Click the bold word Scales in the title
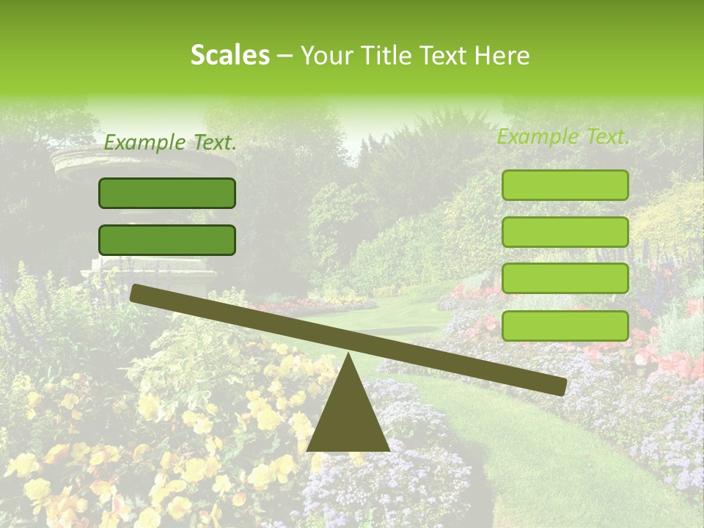(230, 55)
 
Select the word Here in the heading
(502, 55)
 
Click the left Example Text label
(170, 143)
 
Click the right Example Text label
(563, 136)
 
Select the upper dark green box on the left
(167, 193)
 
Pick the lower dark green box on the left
(167, 240)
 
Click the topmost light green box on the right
(565, 185)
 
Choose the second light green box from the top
(565, 232)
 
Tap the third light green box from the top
(565, 279)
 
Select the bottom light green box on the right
(565, 326)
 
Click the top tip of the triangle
(348, 355)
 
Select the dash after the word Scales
(285, 56)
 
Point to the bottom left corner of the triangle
(308, 450)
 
